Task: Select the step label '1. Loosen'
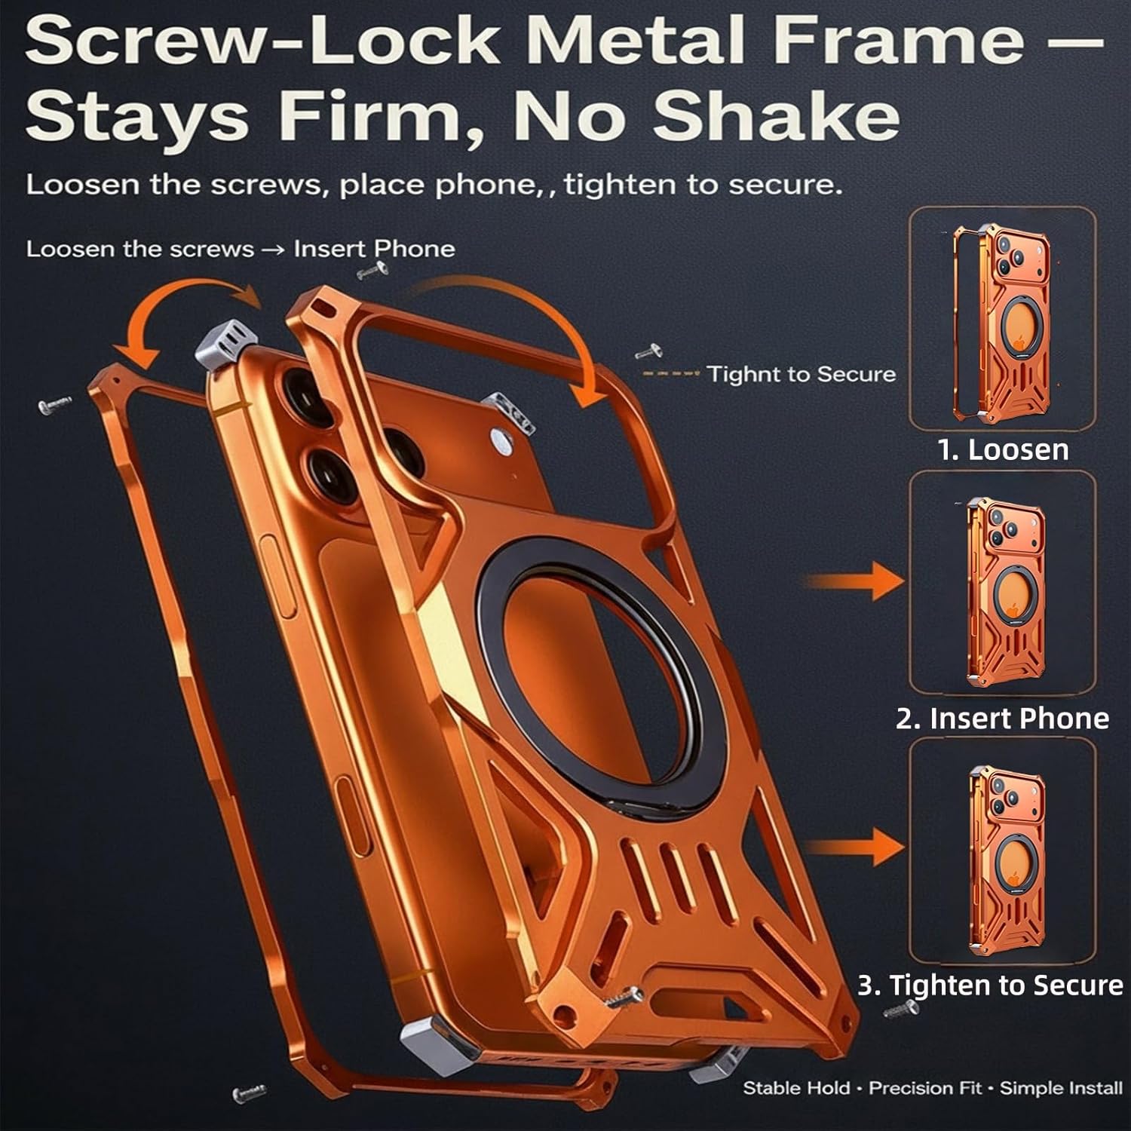coord(1003,449)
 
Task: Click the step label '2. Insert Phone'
coord(1002,718)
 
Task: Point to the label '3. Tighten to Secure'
coord(990,985)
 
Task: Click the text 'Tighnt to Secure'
coord(801,374)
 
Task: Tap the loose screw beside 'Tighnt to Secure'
coord(649,351)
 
